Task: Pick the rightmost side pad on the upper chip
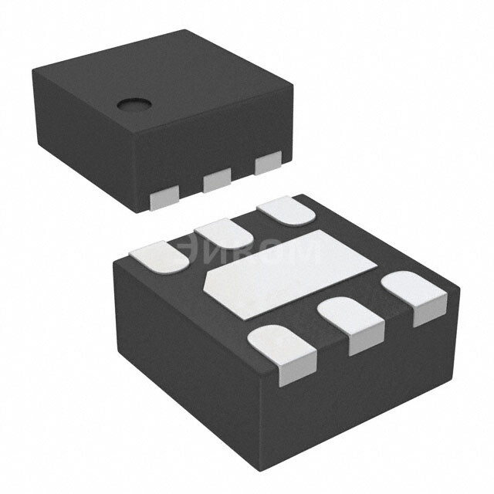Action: point(268,164)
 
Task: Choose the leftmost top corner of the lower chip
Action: point(113,261)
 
